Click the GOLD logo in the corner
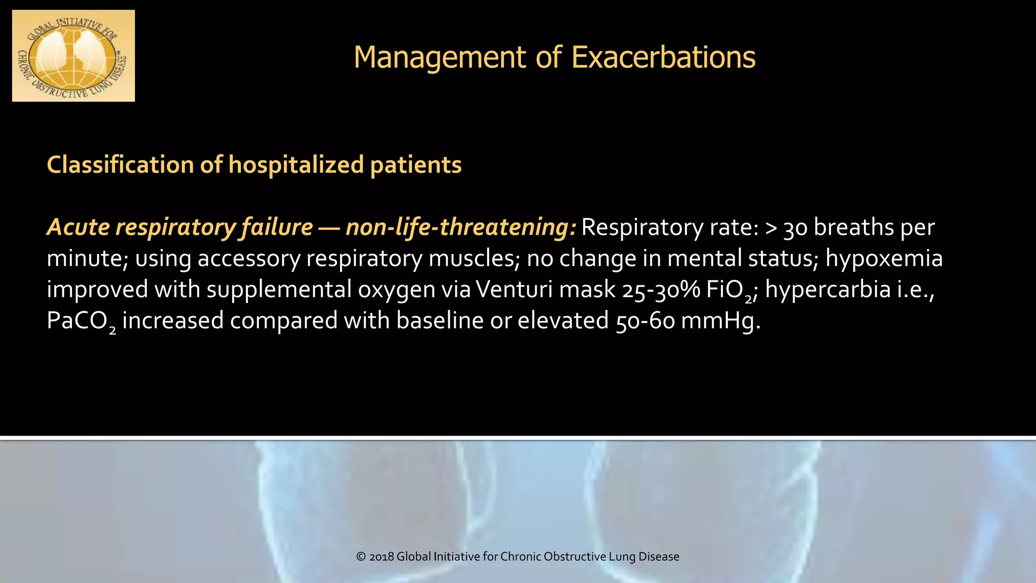coord(73,56)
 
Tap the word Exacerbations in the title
coord(663,57)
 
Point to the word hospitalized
coord(296,165)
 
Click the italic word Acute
coord(78,227)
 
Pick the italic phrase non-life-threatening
coord(460,227)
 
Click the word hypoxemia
coord(884,259)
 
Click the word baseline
coord(440,321)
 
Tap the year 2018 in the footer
coord(382,557)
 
